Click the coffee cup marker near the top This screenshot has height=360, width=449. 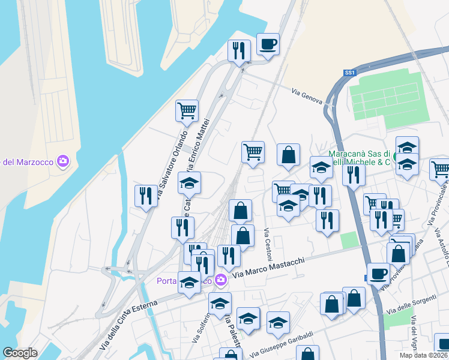[x=268, y=44]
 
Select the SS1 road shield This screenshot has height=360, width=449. [x=350, y=73]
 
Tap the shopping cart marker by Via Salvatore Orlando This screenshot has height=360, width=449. [x=187, y=111]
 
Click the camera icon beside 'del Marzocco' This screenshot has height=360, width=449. [x=63, y=161]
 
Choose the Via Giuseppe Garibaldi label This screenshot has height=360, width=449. [x=282, y=343]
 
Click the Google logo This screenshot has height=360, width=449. [x=20, y=353]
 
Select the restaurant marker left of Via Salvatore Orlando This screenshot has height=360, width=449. [x=145, y=196]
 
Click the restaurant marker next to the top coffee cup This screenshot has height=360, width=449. [x=239, y=51]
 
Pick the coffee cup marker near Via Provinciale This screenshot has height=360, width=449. [x=378, y=274]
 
